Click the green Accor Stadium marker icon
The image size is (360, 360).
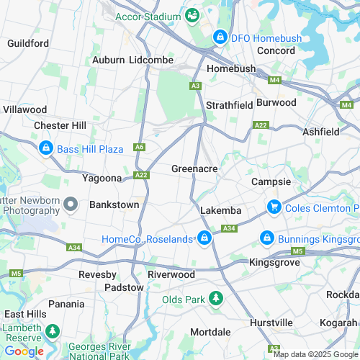click(192, 14)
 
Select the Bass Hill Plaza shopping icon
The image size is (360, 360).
click(45, 148)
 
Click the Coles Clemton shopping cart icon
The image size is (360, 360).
click(274, 207)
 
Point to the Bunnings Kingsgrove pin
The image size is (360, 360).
click(266, 237)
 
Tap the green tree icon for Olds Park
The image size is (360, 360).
click(215, 298)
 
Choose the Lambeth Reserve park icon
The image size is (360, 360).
click(52, 331)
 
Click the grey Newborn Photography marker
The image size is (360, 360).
click(70, 205)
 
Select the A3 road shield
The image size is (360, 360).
click(195, 86)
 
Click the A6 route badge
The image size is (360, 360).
click(139, 147)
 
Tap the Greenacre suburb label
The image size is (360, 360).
click(194, 169)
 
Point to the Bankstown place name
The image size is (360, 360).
click(114, 204)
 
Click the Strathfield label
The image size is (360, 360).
click(229, 105)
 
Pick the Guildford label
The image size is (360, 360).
click(28, 43)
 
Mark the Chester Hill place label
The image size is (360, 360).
click(60, 125)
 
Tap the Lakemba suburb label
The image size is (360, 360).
click(220, 211)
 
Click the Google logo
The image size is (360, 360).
click(24, 351)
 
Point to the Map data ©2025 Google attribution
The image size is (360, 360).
click(314, 354)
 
